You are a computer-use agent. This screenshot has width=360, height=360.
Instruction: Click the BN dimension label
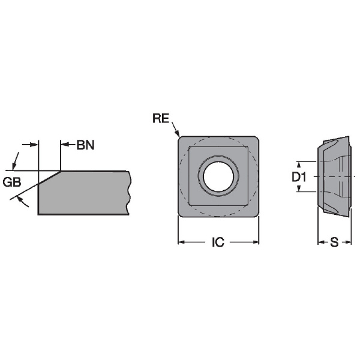[x=85, y=145]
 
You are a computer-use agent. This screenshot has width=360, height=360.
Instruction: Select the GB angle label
[x=12, y=182]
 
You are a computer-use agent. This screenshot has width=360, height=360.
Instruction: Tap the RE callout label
[x=161, y=118]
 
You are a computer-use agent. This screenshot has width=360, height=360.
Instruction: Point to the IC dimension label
[x=218, y=242]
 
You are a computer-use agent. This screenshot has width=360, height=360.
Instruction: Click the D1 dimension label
[x=299, y=177]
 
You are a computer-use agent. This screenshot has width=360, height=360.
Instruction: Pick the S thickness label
[x=334, y=242]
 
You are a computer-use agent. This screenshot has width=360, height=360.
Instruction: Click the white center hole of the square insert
[x=218, y=176]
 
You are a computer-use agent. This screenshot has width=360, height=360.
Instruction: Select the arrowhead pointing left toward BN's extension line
[x=65, y=145]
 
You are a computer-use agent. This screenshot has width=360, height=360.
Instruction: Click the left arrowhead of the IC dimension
[x=182, y=242]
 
